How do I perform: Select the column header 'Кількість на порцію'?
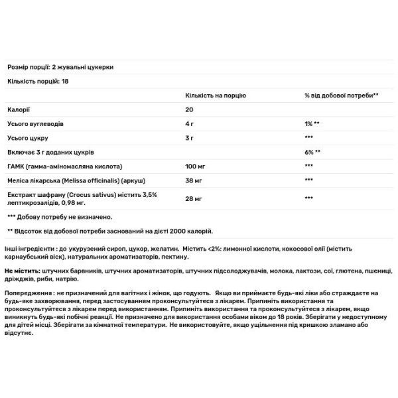(214, 96)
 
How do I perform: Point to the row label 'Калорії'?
(18, 109)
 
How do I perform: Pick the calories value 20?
(189, 109)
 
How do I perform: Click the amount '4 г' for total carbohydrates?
(190, 123)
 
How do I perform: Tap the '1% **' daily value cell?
(312, 123)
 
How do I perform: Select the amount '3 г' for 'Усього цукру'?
(190, 137)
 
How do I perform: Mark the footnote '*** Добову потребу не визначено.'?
(60, 216)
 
